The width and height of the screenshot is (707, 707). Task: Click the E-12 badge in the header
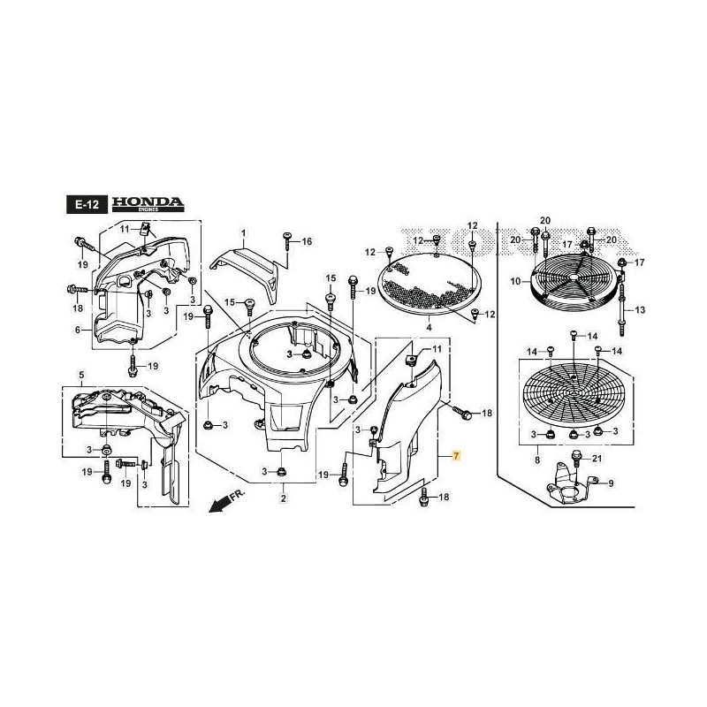(87, 205)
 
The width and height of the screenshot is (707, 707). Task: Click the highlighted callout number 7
(456, 456)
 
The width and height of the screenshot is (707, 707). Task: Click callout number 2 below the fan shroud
(283, 499)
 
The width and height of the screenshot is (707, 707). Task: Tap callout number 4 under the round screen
(429, 327)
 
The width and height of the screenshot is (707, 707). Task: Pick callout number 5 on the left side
(81, 374)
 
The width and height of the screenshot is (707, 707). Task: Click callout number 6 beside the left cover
(77, 330)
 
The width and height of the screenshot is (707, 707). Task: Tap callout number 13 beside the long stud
(641, 309)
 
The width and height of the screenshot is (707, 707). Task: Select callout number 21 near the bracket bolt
(596, 458)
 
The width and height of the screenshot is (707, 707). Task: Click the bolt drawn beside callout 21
(576, 458)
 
